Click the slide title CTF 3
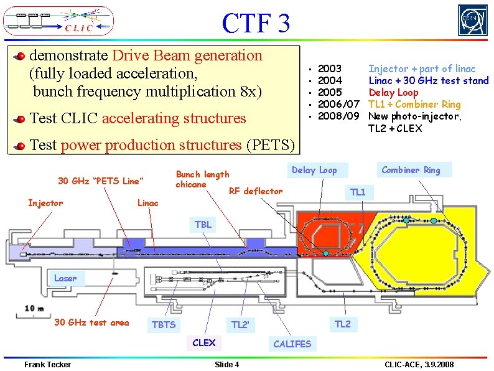256,24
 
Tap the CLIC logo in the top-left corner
58,21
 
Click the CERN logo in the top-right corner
473,21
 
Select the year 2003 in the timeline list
329,68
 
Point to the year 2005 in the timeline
329,92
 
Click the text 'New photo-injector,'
415,116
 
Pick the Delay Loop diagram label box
314,170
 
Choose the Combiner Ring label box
411,170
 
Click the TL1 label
358,192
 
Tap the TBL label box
203,225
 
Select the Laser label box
65,278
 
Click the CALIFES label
292,344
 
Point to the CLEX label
204,342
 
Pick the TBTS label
164,324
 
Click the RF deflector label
256,191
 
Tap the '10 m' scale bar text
34,308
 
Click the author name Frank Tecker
47,364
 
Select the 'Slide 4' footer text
226,364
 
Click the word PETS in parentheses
270,145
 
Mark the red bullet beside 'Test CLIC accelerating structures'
21,118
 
